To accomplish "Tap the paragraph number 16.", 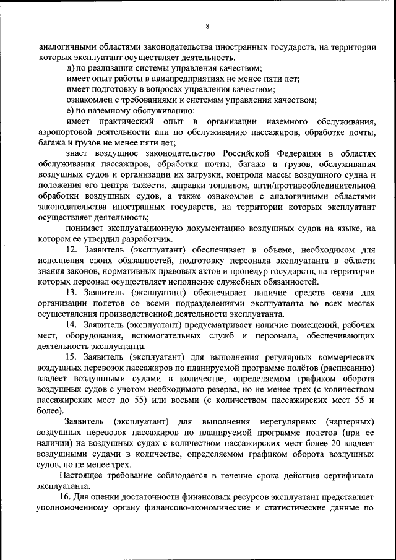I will (x=66, y=498).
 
